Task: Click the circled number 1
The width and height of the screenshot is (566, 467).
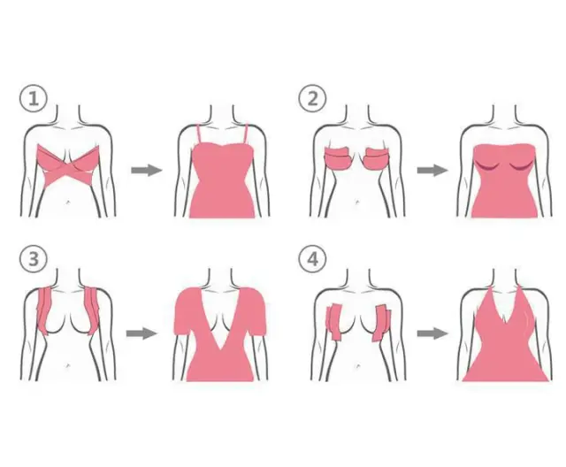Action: point(34,98)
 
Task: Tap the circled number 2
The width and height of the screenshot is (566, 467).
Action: point(312,98)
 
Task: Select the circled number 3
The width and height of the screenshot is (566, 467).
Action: point(34,259)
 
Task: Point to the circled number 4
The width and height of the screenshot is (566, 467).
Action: point(312,259)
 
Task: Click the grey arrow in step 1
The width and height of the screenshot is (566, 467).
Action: point(147,170)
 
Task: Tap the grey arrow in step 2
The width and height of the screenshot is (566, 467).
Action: point(432,170)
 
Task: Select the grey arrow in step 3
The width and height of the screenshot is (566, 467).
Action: point(141,333)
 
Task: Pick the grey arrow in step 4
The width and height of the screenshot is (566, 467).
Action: point(432,333)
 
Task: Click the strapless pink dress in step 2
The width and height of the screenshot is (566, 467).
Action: point(504,180)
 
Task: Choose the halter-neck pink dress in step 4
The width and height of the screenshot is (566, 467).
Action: point(505,335)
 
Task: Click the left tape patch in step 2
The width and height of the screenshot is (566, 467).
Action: point(337,158)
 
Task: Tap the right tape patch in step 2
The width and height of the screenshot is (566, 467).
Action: point(378,158)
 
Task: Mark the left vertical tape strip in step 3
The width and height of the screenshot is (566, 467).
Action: point(44,310)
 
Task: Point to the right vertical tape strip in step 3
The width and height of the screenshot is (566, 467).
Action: point(92,310)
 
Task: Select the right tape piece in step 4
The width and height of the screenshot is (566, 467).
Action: point(381,323)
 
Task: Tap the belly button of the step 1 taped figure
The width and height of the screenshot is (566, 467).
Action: point(68,203)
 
